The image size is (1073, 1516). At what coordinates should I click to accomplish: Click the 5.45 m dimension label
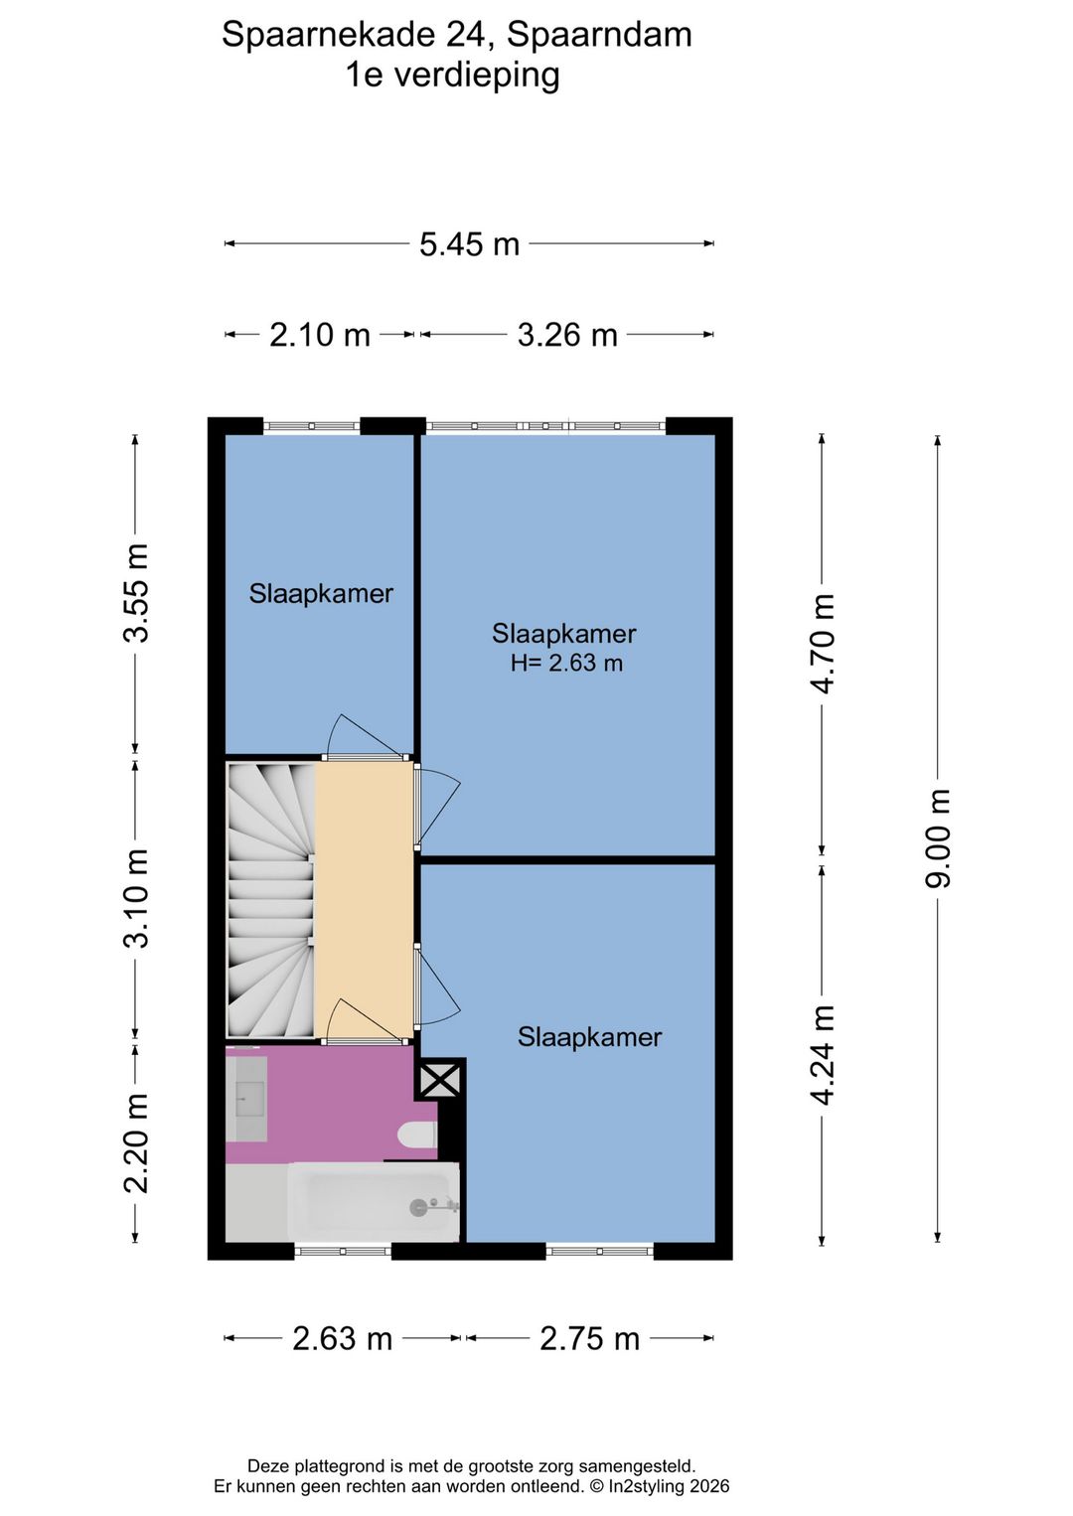[x=469, y=244]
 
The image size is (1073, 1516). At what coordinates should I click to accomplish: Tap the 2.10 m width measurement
[x=320, y=335]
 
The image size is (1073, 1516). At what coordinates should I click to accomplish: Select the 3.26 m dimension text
[x=567, y=335]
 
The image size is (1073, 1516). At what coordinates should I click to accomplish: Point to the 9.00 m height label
[x=938, y=837]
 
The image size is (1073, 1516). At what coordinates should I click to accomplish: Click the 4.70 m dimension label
[x=823, y=644]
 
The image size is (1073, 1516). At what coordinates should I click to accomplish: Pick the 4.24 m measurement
[x=823, y=1055]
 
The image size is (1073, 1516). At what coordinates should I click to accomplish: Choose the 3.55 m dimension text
[x=135, y=592]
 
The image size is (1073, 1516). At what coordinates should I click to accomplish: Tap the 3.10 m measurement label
[x=135, y=898]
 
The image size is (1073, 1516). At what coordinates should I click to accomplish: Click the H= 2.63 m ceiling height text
[x=566, y=664]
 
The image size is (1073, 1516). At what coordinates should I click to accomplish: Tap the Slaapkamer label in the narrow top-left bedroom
[x=321, y=593]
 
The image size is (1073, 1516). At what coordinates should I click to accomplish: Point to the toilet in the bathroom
[x=417, y=1135]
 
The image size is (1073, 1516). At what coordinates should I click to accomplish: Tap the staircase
[x=270, y=899]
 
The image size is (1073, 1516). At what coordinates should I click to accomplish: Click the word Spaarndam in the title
[x=599, y=35]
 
